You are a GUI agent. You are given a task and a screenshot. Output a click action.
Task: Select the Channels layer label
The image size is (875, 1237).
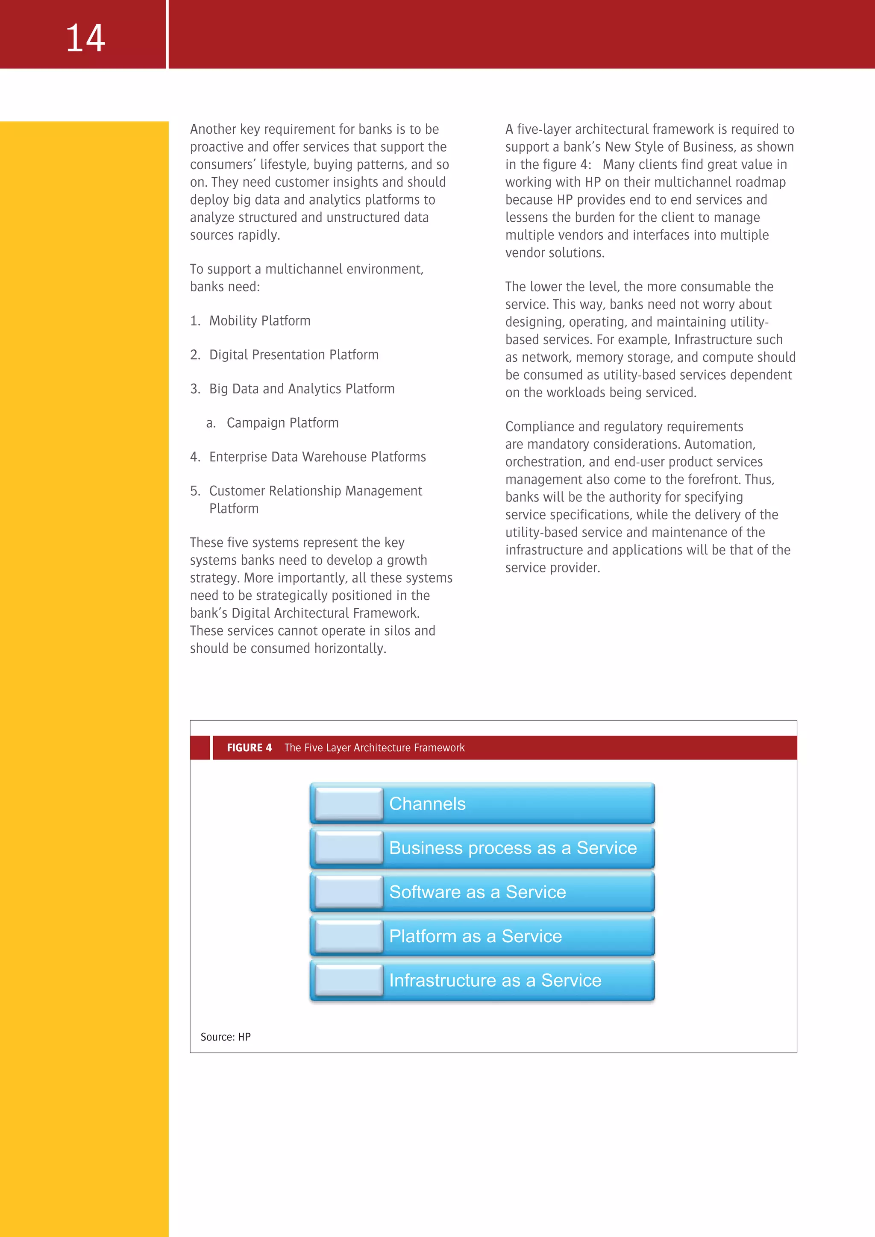pos(427,804)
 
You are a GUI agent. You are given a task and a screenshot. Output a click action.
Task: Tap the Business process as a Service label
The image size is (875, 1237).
pos(512,848)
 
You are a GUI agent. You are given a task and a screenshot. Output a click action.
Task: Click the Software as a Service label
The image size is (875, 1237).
pos(477,892)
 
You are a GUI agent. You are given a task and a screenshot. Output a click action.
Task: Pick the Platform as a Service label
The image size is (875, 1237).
pos(475,936)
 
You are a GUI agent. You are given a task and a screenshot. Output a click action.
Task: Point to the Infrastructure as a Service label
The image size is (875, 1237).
pos(495,981)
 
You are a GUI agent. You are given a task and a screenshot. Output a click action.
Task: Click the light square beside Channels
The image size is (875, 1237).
pos(349,804)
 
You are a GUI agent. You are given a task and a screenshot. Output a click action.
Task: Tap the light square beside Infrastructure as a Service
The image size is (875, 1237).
pos(349,981)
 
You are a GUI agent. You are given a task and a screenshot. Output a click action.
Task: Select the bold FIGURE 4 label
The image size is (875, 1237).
pos(249,748)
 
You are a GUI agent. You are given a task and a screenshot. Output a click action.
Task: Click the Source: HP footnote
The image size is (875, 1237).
pos(225,1037)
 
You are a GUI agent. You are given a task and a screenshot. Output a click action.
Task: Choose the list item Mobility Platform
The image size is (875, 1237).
pos(260,321)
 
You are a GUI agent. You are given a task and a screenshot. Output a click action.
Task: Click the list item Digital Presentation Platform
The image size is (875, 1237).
pos(294,355)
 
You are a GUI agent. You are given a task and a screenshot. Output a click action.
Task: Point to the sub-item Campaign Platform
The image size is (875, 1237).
pos(282,423)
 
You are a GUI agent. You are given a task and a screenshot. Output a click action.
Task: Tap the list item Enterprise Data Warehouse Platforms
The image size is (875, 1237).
pos(317,457)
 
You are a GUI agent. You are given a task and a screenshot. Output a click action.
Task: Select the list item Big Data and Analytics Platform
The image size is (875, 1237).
pos(302,389)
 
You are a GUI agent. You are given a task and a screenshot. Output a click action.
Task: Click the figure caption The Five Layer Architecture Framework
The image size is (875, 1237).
pos(374,748)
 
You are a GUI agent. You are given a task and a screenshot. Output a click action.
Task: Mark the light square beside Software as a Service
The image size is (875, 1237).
pos(349,892)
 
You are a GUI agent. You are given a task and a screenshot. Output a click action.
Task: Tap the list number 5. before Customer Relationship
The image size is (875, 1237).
pos(195,491)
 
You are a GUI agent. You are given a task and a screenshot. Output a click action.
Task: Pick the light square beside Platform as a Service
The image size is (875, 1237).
pos(349,936)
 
